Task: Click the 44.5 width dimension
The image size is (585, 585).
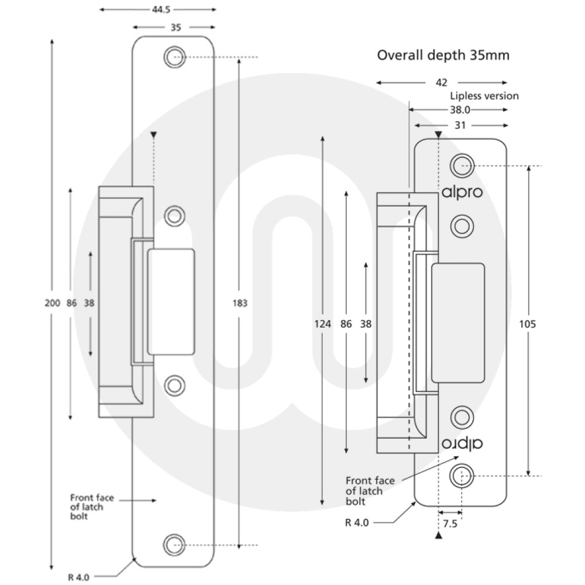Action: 157,10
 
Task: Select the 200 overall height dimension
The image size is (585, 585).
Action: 51,303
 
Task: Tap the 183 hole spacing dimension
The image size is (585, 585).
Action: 240,303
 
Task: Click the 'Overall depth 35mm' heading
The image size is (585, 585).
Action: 443,56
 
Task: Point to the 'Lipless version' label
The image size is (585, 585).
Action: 484,96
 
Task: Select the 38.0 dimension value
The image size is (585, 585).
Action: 459,109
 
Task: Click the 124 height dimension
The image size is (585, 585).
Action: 322,324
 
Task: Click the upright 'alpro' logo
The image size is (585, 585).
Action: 462,192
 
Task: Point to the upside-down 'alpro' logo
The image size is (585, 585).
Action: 462,443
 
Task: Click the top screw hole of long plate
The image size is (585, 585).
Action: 173,57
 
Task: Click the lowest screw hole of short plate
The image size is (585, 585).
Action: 461,476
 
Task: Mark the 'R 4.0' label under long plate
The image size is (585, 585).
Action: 78,577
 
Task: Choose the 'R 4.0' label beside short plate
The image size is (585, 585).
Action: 357,522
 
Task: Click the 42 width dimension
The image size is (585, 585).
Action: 442,83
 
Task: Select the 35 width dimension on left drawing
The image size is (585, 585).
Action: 174,27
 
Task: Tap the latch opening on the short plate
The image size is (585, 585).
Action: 458,322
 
